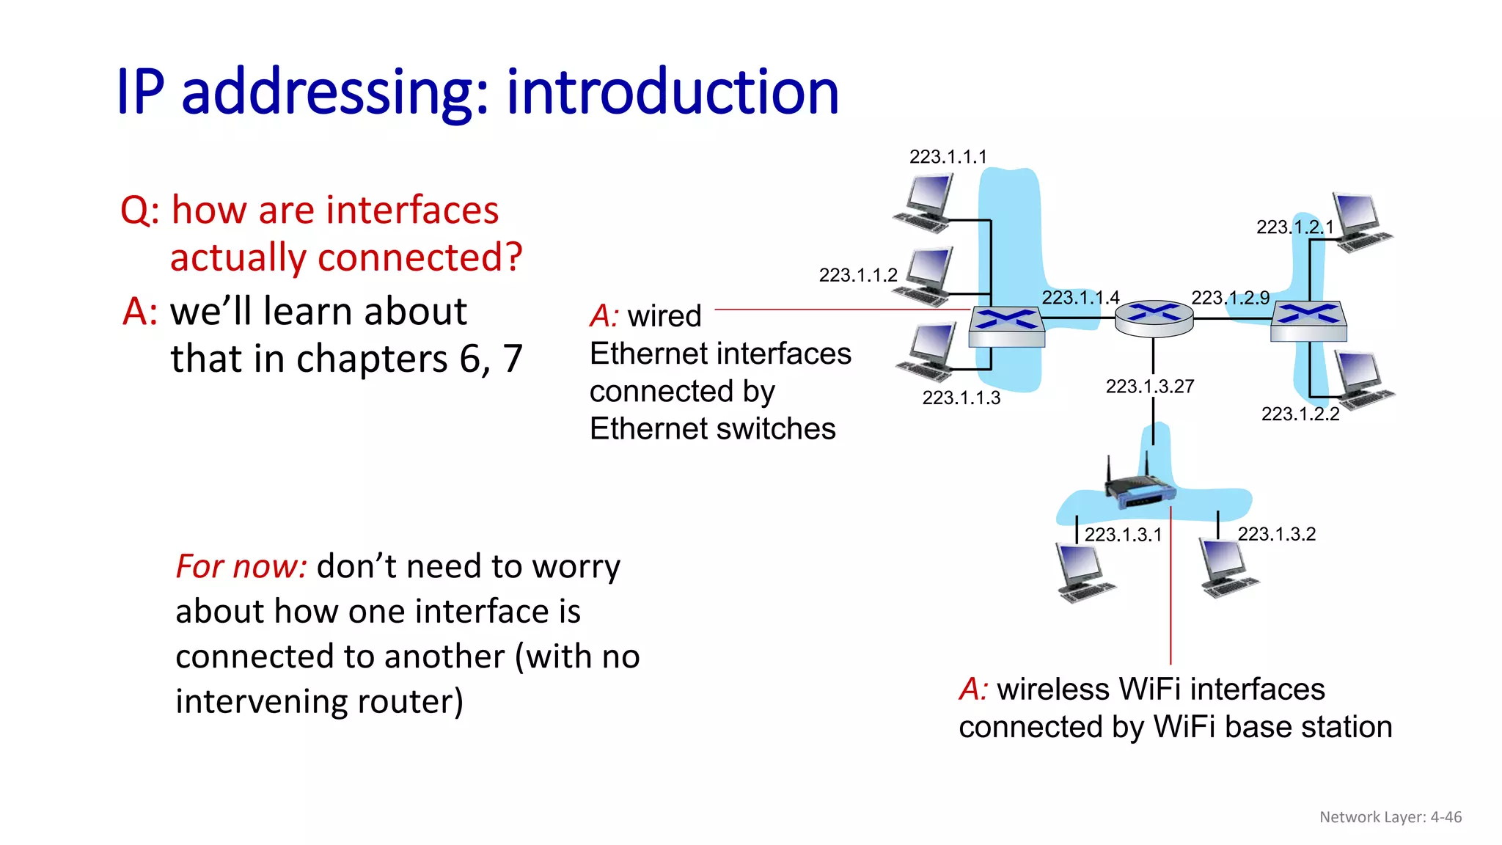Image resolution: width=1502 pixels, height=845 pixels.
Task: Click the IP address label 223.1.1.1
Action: click(948, 157)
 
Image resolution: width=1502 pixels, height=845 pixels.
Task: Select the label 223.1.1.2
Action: click(857, 275)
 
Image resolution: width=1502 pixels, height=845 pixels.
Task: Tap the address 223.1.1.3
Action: click(961, 398)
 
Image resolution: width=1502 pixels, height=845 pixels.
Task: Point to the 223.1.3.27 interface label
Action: click(1149, 387)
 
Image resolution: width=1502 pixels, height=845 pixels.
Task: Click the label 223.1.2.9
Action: click(1230, 298)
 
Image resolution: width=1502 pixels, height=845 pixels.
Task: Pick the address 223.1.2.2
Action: click(1300, 414)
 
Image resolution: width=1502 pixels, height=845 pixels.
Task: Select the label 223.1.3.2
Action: click(1276, 534)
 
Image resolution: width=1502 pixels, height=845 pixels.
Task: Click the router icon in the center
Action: click(1154, 318)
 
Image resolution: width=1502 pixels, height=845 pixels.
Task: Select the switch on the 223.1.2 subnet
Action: click(1308, 321)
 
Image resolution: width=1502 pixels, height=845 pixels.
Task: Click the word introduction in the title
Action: click(672, 92)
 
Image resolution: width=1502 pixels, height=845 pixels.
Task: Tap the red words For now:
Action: click(241, 567)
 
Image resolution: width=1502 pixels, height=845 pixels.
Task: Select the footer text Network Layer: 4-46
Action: click(1390, 817)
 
